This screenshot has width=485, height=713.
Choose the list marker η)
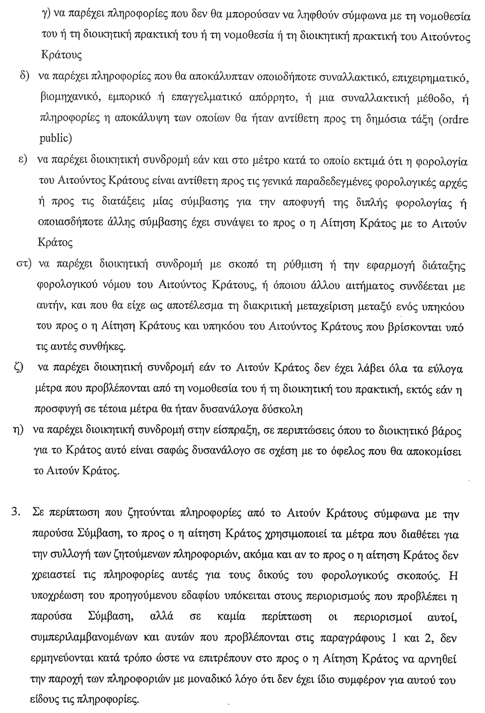tap(19, 430)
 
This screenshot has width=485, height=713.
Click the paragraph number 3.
tap(16, 512)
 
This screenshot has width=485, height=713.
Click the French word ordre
tap(455, 120)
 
